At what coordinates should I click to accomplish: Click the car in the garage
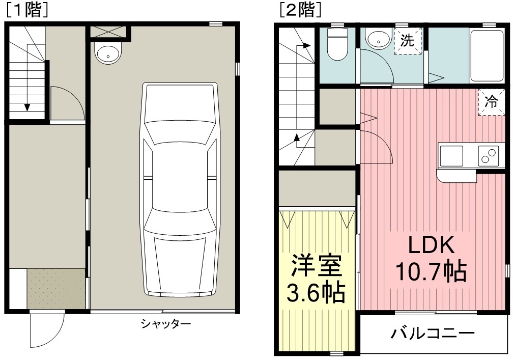click(180, 190)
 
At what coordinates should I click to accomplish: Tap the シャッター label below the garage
click(165, 324)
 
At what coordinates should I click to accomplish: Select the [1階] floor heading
click(27, 10)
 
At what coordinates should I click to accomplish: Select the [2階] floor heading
click(300, 10)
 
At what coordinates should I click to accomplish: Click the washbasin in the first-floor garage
click(108, 53)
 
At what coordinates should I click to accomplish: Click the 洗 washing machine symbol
click(407, 41)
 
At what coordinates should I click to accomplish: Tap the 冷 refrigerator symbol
click(491, 102)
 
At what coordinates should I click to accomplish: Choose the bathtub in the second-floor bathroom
click(487, 56)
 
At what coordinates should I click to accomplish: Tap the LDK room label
click(431, 245)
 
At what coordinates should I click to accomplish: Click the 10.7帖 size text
click(431, 271)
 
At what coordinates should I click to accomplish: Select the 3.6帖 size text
click(317, 292)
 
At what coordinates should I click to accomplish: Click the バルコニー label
click(433, 334)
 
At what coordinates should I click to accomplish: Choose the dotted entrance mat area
click(56, 288)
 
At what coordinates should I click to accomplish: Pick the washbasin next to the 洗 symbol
click(379, 39)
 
